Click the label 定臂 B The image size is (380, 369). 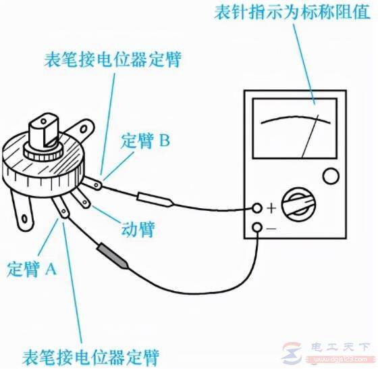(x=145, y=141)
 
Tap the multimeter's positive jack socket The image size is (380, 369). (x=257, y=207)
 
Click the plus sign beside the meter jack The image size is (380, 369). (x=271, y=208)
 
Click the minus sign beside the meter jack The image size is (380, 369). (x=271, y=228)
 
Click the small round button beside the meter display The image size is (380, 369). (x=331, y=177)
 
